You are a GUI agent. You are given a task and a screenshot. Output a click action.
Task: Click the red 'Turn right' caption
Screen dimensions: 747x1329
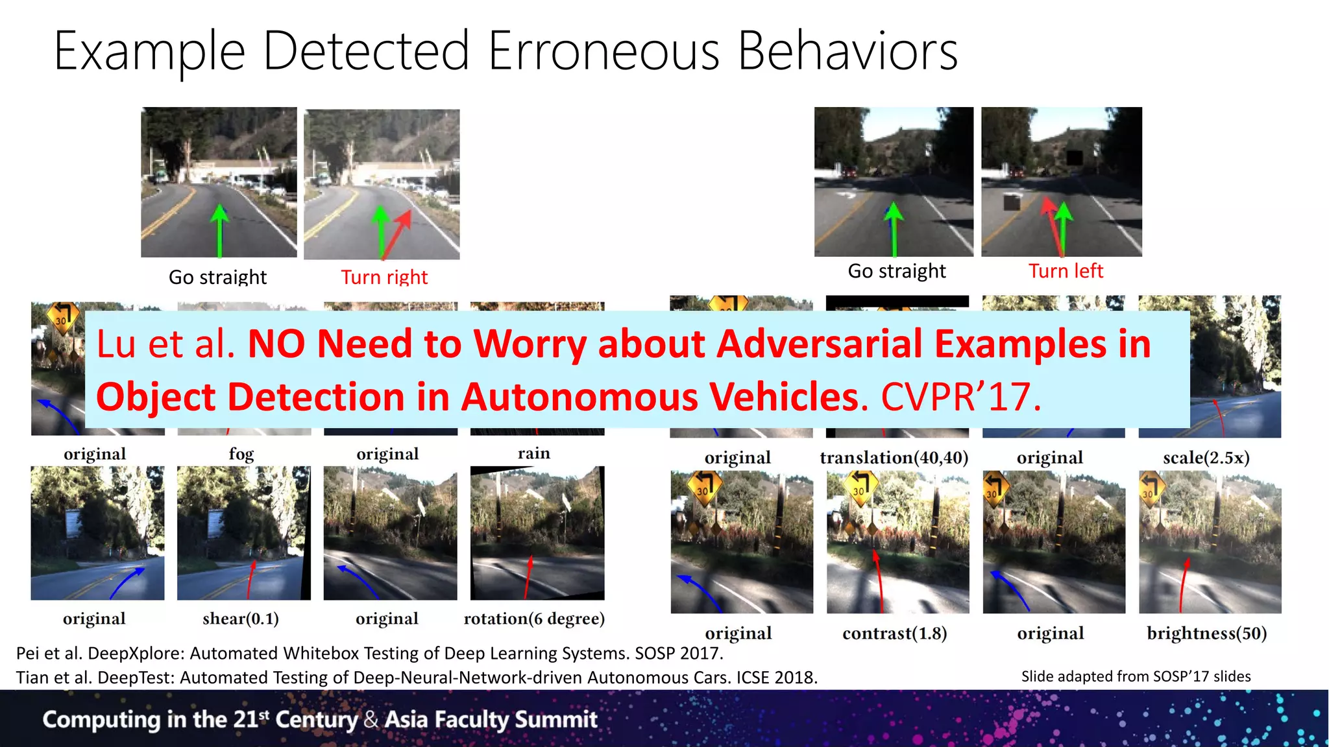pyautogui.click(x=384, y=278)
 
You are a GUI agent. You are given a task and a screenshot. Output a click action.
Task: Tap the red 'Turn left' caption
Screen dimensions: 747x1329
pyautogui.click(x=1066, y=271)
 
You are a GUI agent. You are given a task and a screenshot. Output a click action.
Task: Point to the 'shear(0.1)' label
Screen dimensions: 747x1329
pyautogui.click(x=241, y=619)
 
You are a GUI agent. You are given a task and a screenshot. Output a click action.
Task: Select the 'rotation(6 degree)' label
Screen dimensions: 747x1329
pyautogui.click(x=534, y=619)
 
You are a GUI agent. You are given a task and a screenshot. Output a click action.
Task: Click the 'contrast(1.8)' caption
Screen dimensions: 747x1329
pyautogui.click(x=894, y=633)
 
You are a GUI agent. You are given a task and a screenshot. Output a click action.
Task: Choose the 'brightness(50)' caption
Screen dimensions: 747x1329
pyautogui.click(x=1206, y=633)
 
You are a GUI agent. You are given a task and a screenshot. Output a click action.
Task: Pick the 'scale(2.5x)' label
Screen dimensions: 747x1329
pyautogui.click(x=1206, y=458)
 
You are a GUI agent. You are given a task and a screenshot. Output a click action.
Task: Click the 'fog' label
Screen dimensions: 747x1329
pyautogui.click(x=241, y=454)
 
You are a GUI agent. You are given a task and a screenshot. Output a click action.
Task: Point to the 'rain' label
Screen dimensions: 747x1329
pyautogui.click(x=533, y=453)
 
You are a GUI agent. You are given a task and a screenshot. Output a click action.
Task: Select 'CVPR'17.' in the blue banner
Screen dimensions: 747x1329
pyautogui.click(x=960, y=397)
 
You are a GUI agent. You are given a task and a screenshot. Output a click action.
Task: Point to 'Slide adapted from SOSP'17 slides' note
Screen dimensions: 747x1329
pyautogui.click(x=1136, y=676)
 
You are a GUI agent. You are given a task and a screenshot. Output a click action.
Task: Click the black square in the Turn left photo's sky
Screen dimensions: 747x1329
pyautogui.click(x=1074, y=158)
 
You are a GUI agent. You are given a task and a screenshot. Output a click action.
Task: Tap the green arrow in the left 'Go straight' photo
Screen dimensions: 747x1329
pyautogui.click(x=220, y=230)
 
